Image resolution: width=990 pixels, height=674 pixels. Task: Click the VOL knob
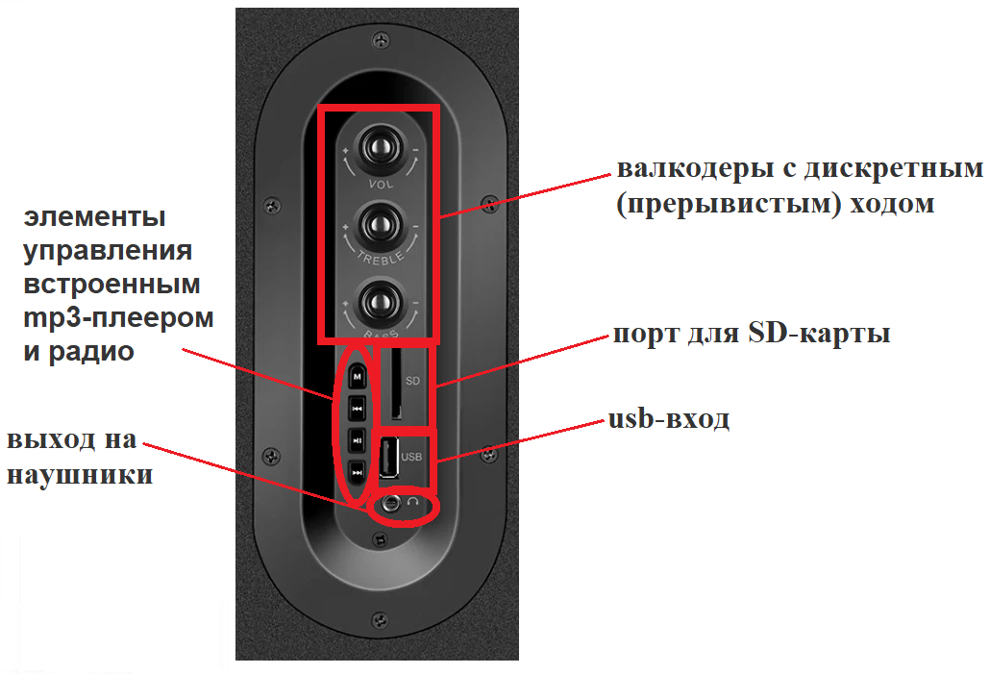(x=378, y=148)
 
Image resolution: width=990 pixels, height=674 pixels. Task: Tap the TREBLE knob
(x=378, y=227)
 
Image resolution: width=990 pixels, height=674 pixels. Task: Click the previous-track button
(x=357, y=409)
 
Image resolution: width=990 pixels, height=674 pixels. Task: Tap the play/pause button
(x=357, y=440)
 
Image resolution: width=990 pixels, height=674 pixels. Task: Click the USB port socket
(x=389, y=458)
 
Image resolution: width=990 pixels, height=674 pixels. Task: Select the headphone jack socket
(x=388, y=502)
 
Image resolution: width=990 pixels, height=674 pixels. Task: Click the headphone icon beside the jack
(x=413, y=502)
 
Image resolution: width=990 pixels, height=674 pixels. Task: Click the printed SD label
(x=413, y=381)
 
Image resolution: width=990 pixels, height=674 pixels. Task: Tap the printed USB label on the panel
(x=412, y=458)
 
